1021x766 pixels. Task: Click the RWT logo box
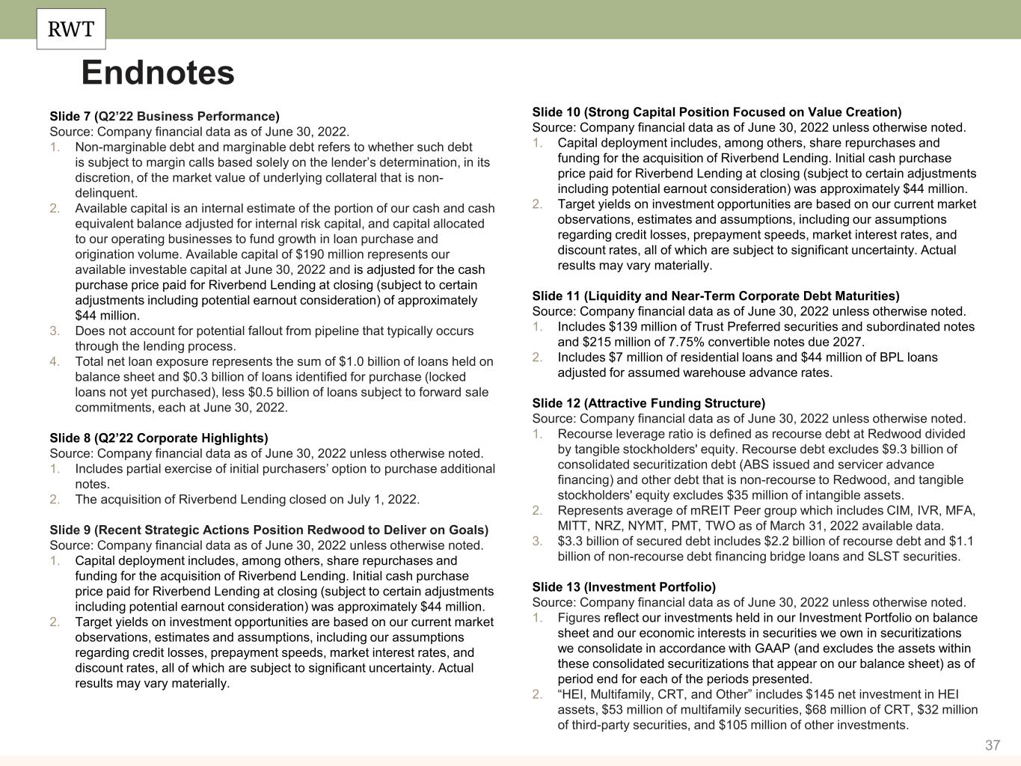tap(71, 29)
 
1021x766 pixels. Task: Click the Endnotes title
tap(158, 73)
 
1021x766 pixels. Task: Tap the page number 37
tap(993, 745)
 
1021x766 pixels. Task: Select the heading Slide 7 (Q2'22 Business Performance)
tap(165, 116)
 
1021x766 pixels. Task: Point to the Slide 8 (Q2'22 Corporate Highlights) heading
tap(159, 438)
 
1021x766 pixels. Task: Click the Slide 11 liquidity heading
tap(716, 295)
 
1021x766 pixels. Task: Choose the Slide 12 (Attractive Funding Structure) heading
tap(649, 403)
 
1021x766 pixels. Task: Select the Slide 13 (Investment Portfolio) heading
tap(624, 586)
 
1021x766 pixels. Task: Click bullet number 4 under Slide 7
tap(55, 361)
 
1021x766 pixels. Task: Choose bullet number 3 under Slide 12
tap(537, 541)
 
